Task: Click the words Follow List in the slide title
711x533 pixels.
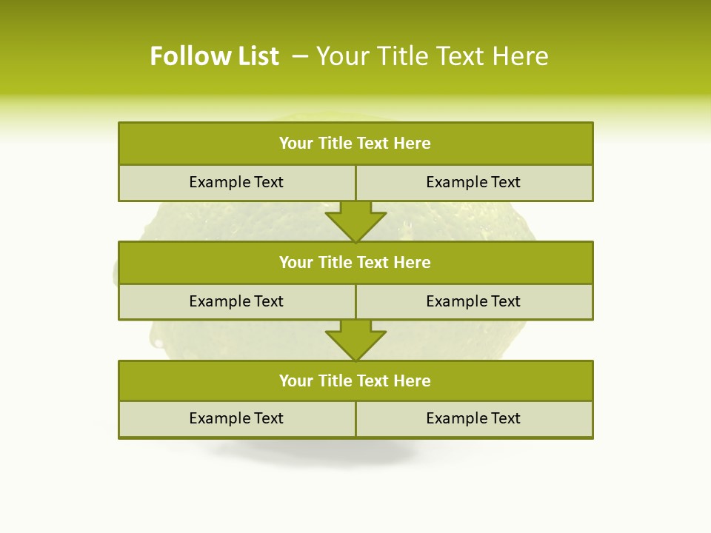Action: coord(214,56)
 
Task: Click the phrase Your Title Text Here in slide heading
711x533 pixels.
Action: coord(433,56)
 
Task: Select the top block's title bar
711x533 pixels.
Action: coord(355,144)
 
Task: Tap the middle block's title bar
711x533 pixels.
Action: coord(355,263)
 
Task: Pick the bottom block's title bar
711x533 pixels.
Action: coord(355,381)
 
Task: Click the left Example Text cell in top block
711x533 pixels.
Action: coord(236,183)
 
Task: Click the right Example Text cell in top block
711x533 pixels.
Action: coord(473,183)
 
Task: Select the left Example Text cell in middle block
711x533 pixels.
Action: coord(236,302)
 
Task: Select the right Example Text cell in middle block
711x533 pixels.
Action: coord(473,302)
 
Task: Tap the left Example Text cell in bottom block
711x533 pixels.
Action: coord(236,419)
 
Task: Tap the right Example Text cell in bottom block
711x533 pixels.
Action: coord(473,419)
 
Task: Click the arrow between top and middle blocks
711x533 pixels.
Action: coord(355,221)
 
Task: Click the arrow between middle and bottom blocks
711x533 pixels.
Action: coord(355,341)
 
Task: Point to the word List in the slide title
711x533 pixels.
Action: coord(255,56)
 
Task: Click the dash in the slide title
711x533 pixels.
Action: coord(300,56)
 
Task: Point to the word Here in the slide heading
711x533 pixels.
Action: coord(521,56)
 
